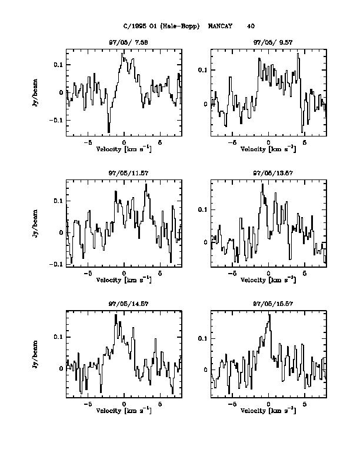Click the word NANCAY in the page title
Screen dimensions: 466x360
click(220, 26)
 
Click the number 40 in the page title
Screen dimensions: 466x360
click(251, 26)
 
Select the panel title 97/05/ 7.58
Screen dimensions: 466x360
click(124, 42)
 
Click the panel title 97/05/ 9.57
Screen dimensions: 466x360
click(268, 42)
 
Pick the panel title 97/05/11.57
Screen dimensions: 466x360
click(124, 173)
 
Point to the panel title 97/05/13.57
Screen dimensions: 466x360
click(268, 173)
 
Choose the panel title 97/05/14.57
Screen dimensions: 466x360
click(124, 304)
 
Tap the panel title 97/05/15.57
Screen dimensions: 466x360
click(268, 304)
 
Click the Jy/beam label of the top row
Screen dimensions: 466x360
click(36, 92)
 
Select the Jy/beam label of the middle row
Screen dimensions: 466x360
click(36, 223)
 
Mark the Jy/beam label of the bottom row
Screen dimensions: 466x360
click(36, 354)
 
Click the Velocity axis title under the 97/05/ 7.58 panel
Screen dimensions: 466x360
click(124, 149)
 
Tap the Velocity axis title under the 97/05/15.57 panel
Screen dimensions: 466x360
click(268, 411)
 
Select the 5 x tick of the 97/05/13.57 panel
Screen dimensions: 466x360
click(305, 274)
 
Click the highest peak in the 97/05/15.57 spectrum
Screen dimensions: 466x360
click(269, 315)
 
